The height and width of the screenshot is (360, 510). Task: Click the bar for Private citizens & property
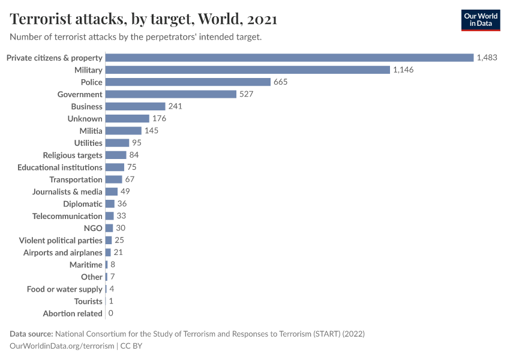click(289, 58)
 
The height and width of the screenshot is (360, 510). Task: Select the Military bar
click(248, 70)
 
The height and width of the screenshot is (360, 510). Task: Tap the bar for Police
click(188, 82)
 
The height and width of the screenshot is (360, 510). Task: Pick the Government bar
click(171, 94)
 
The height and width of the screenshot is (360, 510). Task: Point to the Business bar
click(135, 106)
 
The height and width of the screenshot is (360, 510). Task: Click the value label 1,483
click(487, 58)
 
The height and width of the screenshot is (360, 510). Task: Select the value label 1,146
click(403, 70)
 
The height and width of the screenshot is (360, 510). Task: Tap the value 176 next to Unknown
click(159, 119)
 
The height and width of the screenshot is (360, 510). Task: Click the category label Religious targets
click(73, 155)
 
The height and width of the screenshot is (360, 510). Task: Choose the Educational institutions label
click(60, 167)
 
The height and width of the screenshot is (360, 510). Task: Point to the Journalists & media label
click(67, 192)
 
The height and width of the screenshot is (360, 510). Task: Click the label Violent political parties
click(61, 241)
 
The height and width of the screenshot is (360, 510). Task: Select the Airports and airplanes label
click(63, 253)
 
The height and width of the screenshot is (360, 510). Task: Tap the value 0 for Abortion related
click(111, 314)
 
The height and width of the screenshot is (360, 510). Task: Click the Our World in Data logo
click(481, 20)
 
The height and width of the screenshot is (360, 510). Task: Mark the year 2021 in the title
click(262, 19)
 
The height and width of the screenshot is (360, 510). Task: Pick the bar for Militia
click(124, 131)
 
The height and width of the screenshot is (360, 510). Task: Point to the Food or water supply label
click(65, 289)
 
